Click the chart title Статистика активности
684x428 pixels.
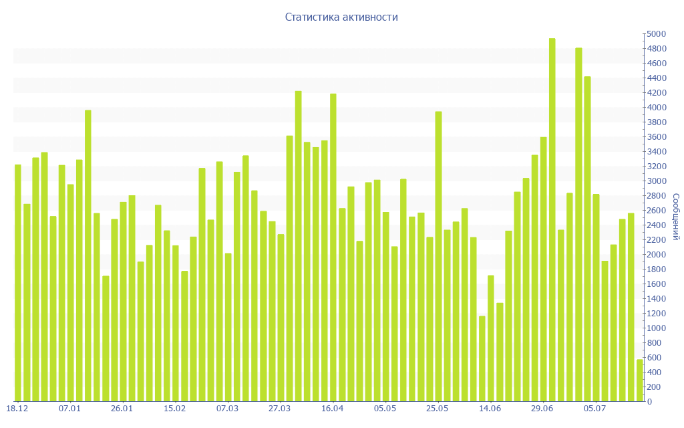[341, 17]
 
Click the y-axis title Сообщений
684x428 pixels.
[676, 217]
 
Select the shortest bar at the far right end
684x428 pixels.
[639, 381]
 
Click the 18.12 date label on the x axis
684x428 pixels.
[17, 409]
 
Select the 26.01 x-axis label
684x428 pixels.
[122, 409]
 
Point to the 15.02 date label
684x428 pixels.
[174, 409]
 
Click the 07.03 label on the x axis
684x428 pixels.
[227, 409]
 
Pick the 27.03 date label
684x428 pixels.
[279, 409]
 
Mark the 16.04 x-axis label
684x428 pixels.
[332, 409]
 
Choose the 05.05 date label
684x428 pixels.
[385, 409]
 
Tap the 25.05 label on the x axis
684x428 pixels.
[437, 409]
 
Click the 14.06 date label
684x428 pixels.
[490, 409]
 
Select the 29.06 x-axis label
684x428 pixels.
[542, 409]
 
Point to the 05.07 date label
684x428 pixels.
[594, 409]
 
